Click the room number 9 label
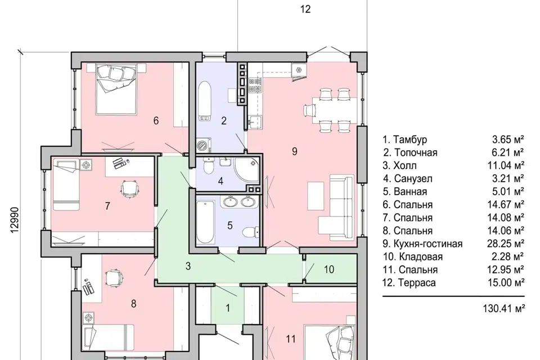click(x=294, y=151)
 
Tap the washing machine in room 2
click(x=204, y=145)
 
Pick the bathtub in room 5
click(x=205, y=222)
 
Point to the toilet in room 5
click(x=250, y=232)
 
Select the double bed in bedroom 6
click(x=116, y=90)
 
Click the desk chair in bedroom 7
click(x=129, y=188)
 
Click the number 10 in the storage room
click(x=329, y=269)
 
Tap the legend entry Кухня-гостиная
click(x=422, y=244)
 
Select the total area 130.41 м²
click(x=504, y=308)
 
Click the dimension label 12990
click(x=15, y=220)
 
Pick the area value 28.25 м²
click(x=506, y=244)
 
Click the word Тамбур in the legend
click(x=410, y=139)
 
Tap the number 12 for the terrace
click(x=305, y=9)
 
